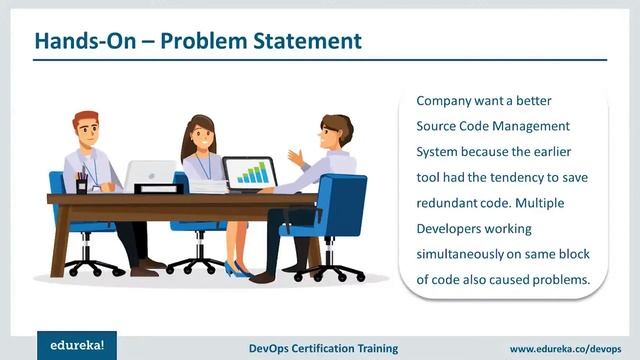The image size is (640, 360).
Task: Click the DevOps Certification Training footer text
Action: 323,349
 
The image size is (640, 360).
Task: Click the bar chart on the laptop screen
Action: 249,174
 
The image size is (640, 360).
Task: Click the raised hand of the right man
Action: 295,157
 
